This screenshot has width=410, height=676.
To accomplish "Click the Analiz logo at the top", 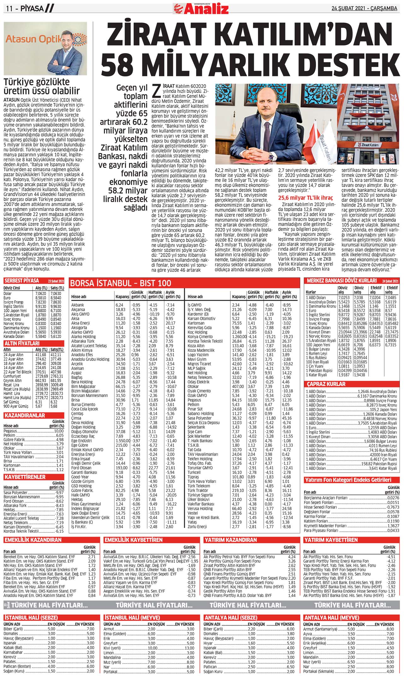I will [x=201, y=9].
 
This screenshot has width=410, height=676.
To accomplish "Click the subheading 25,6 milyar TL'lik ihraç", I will [x=305, y=198].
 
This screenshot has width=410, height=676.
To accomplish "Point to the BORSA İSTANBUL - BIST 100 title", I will [x=120, y=283].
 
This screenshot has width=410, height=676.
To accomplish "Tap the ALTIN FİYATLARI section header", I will [x=22, y=343].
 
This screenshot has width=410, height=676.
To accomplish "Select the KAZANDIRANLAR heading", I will [x=25, y=416].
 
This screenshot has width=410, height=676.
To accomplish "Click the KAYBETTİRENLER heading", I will [x=25, y=477].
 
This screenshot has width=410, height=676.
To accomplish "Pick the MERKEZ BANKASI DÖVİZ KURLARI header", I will [x=342, y=280].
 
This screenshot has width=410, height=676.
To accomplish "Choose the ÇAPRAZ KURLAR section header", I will [x=326, y=384].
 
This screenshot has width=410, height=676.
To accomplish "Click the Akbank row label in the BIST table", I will [x=78, y=305].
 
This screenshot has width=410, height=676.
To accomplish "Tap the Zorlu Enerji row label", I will [x=197, y=527].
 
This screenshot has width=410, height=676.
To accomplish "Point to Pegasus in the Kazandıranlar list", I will [x=10, y=431].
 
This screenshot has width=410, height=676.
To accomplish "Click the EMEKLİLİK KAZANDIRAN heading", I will [x=33, y=540].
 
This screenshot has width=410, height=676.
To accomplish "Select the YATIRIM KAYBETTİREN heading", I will [x=331, y=540].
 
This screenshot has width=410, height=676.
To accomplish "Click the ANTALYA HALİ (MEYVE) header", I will [x=331, y=618].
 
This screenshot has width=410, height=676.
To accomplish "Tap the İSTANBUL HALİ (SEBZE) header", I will [x=31, y=618].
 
